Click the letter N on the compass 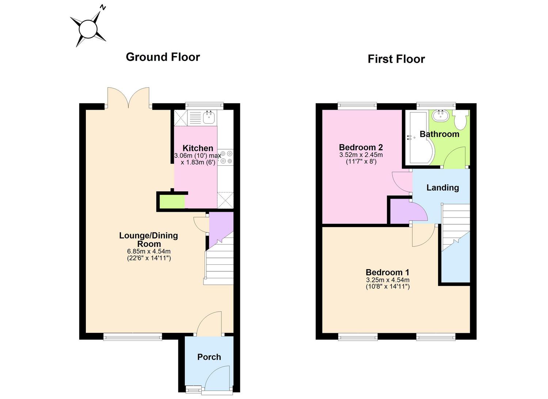tap(103, 8)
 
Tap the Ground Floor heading tap(163, 57)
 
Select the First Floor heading tap(396, 59)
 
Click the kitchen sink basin tap(209, 117)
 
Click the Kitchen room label tap(198, 148)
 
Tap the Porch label tap(209, 357)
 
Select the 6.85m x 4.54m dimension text tap(149, 251)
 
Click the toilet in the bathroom tap(461, 120)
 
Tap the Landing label tap(442, 188)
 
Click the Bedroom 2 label tap(361, 147)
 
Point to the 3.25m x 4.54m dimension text tap(388, 280)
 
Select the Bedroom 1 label tap(388, 272)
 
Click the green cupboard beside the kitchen tap(172, 202)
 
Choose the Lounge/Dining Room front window tap(133, 337)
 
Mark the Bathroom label tap(439, 134)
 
